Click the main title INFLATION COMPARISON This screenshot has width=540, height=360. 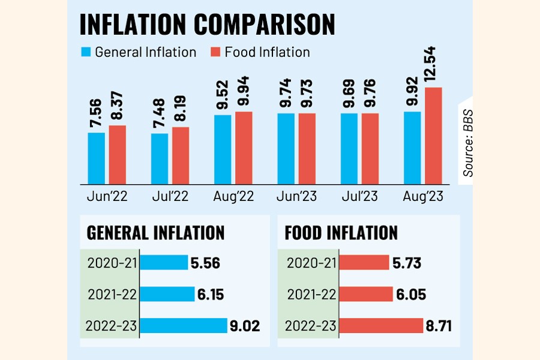point(207,25)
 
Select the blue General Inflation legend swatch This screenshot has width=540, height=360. point(85,52)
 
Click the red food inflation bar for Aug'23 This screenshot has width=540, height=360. point(433,136)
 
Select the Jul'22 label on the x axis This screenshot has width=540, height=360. point(170,196)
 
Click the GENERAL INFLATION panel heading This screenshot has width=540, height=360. point(155,233)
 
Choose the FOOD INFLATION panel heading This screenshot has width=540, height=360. point(342,233)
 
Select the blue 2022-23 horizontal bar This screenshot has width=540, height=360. point(184,326)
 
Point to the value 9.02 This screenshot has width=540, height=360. point(244,326)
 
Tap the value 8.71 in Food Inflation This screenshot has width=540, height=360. point(439,326)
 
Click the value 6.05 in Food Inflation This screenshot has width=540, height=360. point(412,294)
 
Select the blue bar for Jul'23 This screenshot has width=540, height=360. point(349,148)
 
